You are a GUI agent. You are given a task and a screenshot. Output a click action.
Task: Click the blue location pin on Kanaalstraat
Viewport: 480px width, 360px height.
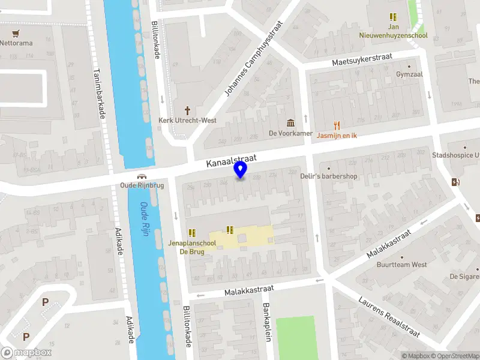[241, 170]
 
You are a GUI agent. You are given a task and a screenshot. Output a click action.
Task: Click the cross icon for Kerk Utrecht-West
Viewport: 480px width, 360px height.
[187, 110]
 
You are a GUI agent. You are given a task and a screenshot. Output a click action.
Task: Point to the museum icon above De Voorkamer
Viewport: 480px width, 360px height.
[291, 123]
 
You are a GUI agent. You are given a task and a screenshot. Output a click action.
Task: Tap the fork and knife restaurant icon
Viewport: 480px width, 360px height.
[337, 125]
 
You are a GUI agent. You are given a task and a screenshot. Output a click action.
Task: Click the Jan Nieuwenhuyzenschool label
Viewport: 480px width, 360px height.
[394, 31]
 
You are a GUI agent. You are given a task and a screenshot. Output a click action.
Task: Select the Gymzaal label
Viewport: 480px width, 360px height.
[409, 74]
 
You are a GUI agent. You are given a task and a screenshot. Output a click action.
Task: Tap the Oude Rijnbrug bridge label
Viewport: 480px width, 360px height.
[142, 185]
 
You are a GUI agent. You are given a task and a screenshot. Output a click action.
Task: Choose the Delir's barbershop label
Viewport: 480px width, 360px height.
[329, 176]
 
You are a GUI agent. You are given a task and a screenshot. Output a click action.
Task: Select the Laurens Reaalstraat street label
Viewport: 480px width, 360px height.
[392, 317]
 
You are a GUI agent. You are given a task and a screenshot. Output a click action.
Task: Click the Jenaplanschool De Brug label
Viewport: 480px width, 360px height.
[192, 247]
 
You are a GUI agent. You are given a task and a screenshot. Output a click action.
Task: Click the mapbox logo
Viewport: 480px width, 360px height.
[26, 353]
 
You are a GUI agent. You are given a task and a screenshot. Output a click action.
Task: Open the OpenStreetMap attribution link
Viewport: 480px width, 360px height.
[454, 356]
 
